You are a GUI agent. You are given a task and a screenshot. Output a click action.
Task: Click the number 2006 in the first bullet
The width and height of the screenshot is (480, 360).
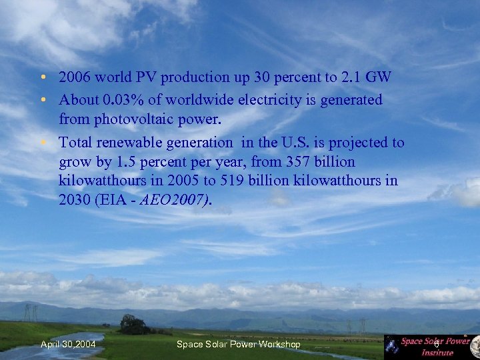point(74,78)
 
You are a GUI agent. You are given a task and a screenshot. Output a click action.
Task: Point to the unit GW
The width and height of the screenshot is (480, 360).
point(378,78)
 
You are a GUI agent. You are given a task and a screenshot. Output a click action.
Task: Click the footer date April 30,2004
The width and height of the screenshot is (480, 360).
point(68,344)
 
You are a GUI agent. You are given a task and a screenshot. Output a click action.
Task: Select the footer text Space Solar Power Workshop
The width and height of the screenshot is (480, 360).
point(238,344)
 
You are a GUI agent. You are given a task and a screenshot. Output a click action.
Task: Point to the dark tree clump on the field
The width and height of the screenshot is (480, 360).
point(134,325)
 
